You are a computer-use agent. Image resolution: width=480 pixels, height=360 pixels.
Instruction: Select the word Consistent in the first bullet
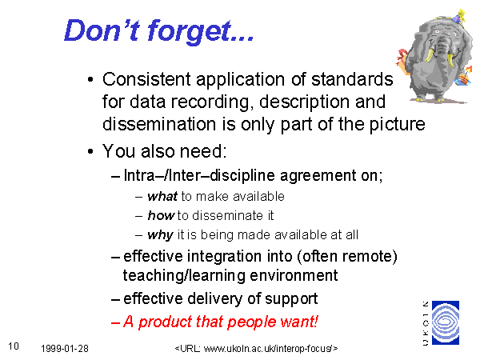(x=146, y=79)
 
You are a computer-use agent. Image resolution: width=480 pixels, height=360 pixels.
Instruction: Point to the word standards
(x=352, y=79)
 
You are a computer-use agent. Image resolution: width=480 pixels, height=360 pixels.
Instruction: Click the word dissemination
(x=159, y=124)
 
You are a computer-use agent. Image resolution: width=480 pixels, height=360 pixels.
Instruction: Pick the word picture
(x=397, y=125)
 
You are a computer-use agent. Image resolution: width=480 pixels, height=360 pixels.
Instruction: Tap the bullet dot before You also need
(x=90, y=151)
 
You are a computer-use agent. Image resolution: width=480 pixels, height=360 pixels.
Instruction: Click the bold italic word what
(x=162, y=196)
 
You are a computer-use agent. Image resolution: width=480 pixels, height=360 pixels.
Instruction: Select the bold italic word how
(x=161, y=215)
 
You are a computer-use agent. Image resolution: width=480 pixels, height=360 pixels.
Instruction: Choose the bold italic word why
(x=161, y=235)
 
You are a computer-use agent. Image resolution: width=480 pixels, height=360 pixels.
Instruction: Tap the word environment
(x=294, y=275)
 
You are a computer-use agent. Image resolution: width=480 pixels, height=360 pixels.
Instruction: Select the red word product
(x=166, y=322)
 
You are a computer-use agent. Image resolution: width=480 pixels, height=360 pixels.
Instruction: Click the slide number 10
(x=14, y=346)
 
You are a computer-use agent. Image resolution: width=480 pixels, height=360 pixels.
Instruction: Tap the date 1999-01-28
(x=65, y=348)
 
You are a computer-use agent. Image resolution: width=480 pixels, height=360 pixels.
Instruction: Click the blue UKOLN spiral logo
(x=446, y=322)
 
